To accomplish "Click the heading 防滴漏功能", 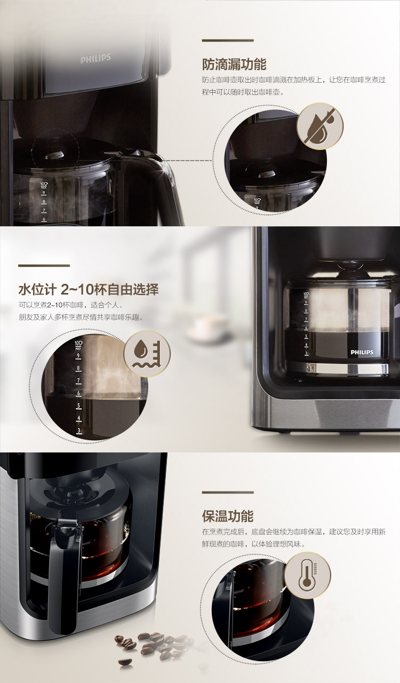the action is [x=234, y=64].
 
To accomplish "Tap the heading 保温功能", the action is [x=227, y=516].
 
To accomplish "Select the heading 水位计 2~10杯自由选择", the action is [x=89, y=289].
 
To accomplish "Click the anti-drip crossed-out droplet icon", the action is [x=320, y=126].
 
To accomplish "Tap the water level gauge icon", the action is [x=147, y=354].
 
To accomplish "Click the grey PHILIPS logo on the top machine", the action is [x=95, y=58].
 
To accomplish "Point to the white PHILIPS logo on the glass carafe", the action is [x=362, y=352].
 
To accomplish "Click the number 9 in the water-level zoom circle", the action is [x=78, y=356].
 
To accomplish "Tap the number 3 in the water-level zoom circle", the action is [x=79, y=431].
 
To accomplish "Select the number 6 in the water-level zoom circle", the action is [x=78, y=393].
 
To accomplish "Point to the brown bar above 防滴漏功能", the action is [x=228, y=40].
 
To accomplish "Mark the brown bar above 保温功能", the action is [x=228, y=493].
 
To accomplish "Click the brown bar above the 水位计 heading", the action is [x=44, y=266].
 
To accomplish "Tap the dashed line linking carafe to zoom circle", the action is [x=187, y=161].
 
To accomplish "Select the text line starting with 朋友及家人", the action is [x=81, y=317].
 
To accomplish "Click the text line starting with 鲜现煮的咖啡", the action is [x=253, y=544].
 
